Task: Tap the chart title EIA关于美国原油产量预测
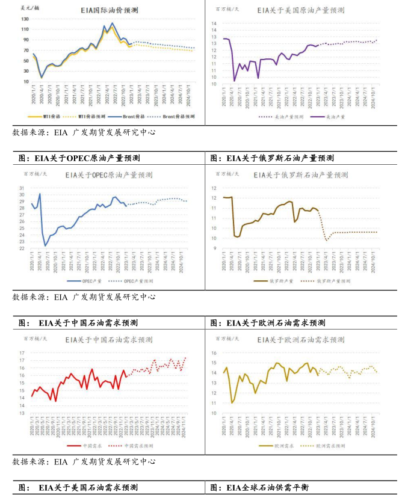tap(300, 10)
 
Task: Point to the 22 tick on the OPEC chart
tap(22, 248)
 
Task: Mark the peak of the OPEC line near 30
tap(40, 194)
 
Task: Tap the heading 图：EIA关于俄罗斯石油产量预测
tap(272, 158)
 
